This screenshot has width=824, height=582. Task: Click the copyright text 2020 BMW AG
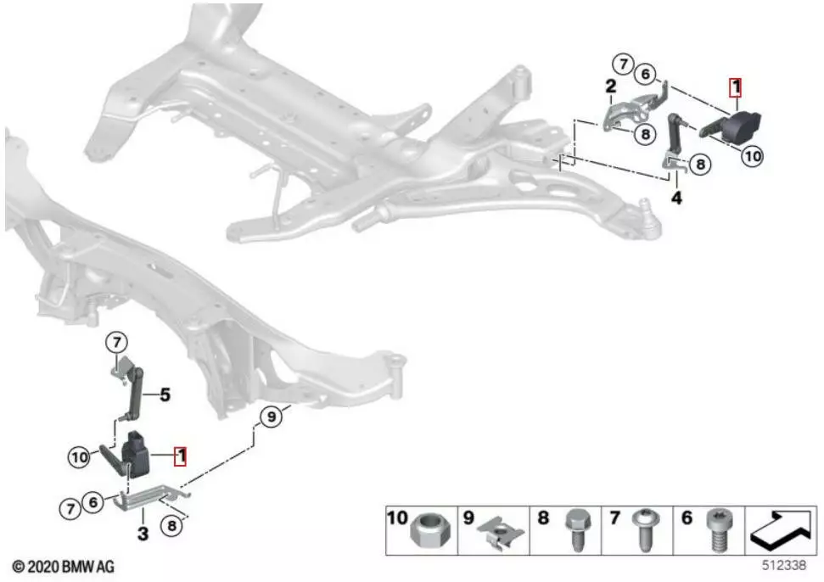[63, 566]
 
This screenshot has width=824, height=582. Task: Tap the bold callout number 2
[610, 86]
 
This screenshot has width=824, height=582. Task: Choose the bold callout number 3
[143, 534]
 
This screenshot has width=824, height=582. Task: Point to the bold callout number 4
[676, 199]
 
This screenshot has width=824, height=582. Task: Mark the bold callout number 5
[165, 395]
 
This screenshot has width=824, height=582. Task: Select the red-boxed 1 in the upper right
[735, 87]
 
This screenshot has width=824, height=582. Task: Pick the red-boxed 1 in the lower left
[180, 456]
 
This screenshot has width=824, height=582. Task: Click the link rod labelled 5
[133, 394]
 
